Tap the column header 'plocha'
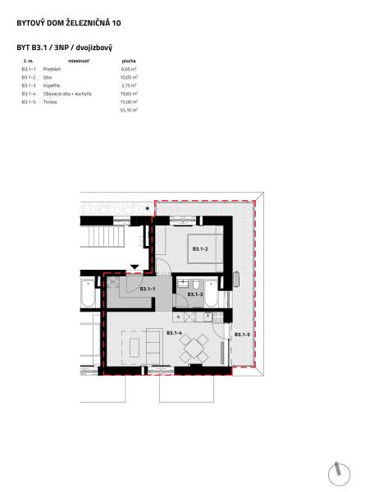[128, 61]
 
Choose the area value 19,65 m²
[129, 93]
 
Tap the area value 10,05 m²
[129, 77]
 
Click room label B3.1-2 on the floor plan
[201, 248]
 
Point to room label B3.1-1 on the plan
[148, 289]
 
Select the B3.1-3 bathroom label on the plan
[196, 294]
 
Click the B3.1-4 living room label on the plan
[174, 333]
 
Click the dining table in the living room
[195, 346]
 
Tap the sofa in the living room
[153, 344]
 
